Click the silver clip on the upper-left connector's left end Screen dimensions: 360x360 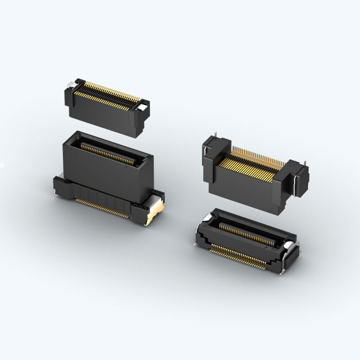(x=71, y=85)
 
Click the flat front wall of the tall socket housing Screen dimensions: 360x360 (x=105, y=176)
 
